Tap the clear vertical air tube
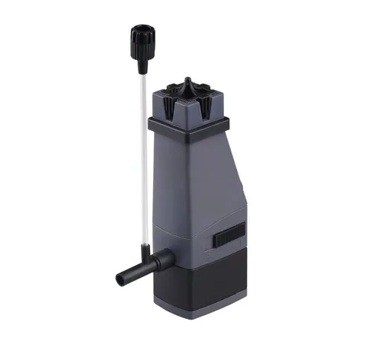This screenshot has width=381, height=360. (x=142, y=152)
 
